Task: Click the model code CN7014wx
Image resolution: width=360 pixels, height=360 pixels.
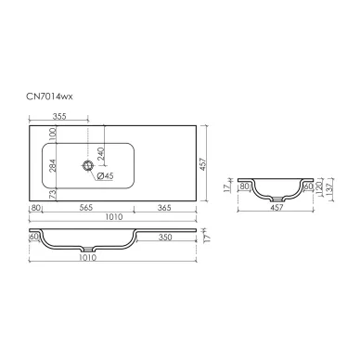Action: tap(49, 96)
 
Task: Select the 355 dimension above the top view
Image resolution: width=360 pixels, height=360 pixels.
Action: tap(59, 116)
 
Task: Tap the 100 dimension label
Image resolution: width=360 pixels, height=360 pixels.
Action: tap(53, 135)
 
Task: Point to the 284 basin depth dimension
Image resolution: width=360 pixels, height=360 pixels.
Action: tap(53, 165)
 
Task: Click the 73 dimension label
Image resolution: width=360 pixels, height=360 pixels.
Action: tap(53, 194)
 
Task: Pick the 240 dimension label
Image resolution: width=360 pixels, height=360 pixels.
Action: tap(101, 153)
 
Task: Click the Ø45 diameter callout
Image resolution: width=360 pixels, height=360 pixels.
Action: tap(105, 175)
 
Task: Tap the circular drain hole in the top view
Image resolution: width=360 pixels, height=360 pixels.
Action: tap(88, 165)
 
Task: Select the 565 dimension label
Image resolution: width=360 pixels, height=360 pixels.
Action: tap(85, 207)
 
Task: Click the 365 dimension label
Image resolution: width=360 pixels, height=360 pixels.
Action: tap(164, 207)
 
